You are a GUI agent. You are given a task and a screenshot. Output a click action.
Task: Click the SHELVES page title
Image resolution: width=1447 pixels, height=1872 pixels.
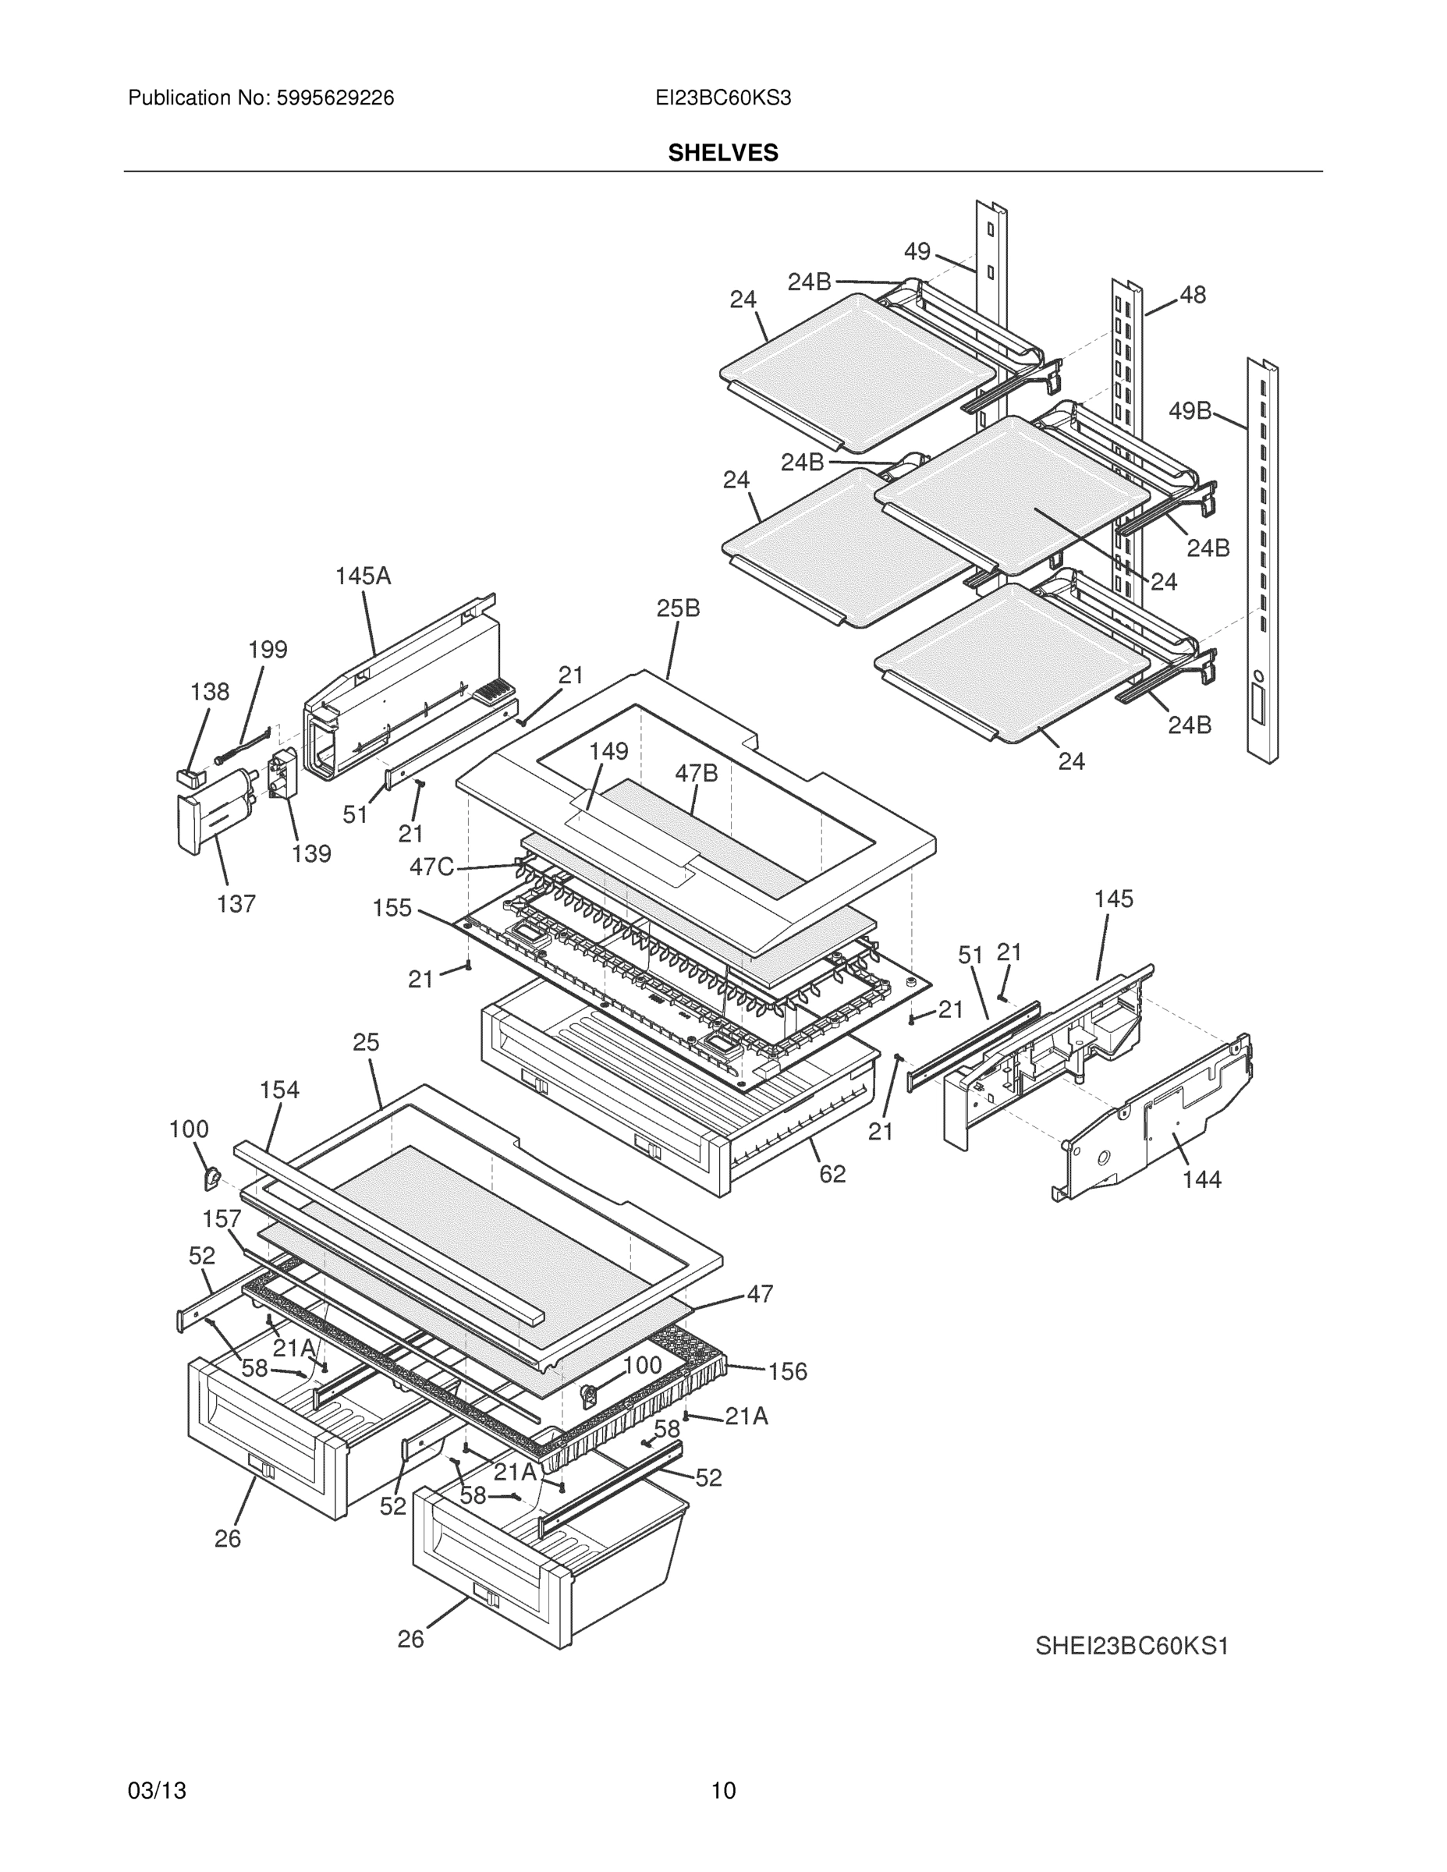(x=722, y=153)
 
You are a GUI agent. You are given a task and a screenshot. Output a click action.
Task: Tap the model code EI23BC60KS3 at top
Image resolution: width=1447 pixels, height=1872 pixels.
(x=722, y=98)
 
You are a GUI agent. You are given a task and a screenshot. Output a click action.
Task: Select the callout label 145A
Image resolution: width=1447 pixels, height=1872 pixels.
(x=363, y=576)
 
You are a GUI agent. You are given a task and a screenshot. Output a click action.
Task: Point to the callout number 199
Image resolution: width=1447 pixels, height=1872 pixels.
(x=268, y=650)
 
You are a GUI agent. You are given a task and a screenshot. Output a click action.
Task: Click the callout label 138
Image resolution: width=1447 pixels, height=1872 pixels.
(x=210, y=692)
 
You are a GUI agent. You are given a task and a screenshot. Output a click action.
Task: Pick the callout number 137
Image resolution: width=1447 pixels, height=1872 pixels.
(x=236, y=903)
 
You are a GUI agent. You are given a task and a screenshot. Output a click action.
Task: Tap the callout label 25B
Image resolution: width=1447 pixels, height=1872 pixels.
(x=678, y=608)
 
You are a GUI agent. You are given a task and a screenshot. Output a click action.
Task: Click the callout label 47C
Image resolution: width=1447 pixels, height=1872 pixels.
(x=431, y=867)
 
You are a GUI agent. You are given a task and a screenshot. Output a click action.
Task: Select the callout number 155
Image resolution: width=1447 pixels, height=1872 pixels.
(x=392, y=908)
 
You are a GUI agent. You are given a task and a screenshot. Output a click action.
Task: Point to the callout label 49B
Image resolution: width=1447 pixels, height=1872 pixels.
(x=1190, y=411)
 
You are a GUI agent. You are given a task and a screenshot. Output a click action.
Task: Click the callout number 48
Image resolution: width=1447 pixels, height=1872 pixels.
(x=1193, y=295)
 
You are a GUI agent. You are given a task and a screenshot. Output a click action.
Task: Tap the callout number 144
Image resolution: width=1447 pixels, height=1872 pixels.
(x=1201, y=1179)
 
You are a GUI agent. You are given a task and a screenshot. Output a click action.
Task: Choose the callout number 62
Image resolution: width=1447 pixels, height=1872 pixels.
(x=832, y=1174)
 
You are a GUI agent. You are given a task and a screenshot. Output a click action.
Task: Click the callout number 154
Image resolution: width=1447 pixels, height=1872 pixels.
(x=279, y=1090)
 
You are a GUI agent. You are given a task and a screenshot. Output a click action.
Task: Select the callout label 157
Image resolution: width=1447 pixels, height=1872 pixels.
(x=222, y=1219)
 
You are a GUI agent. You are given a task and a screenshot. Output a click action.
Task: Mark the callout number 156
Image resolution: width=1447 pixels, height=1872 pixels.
(x=787, y=1371)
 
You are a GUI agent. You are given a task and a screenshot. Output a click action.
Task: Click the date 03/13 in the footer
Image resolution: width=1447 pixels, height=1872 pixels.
(x=157, y=1791)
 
